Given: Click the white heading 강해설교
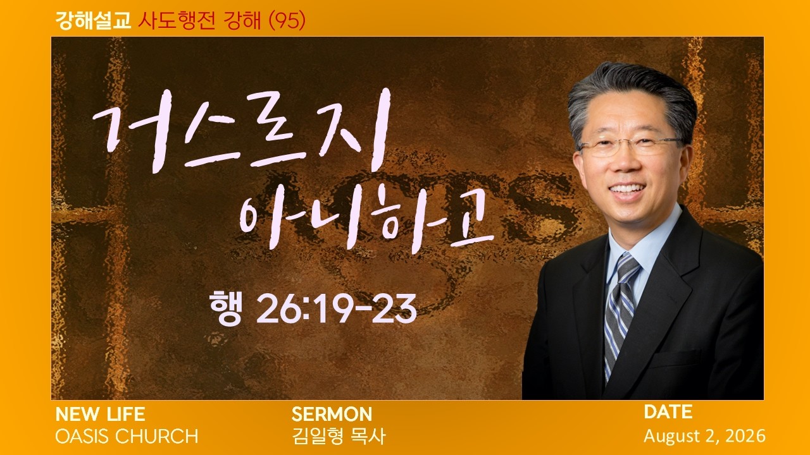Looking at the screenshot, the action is (x=93, y=21).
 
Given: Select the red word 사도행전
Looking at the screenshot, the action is (x=177, y=21).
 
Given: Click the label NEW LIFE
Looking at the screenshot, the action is (x=100, y=414).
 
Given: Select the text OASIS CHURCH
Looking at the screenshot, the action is (x=127, y=436).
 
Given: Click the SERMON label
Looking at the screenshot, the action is (x=332, y=414).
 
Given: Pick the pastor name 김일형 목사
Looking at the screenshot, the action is (x=339, y=436).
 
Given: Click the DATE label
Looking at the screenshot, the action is (x=668, y=412).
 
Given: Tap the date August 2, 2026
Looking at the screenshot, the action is (x=704, y=436).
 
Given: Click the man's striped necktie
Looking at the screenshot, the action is (x=619, y=314).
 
